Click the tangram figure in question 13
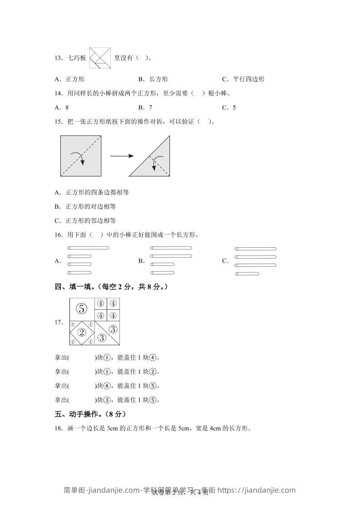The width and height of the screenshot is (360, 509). point(100,58)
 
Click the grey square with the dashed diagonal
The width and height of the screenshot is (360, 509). point(80,156)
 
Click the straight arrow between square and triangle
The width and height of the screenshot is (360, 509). point(122,156)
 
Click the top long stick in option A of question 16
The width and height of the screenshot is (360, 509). point(88,248)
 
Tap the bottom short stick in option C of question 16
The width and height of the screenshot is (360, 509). point(247,274)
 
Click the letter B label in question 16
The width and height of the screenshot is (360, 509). point(141,261)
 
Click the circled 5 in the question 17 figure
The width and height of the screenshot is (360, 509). point(81,309)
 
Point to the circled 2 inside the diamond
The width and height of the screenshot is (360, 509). point(82,333)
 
